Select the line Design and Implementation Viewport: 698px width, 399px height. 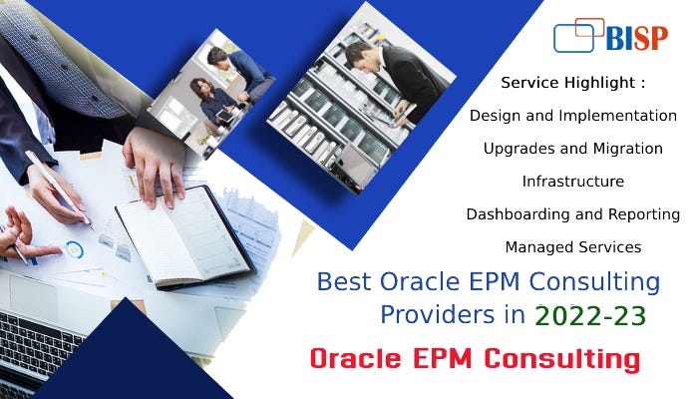573,115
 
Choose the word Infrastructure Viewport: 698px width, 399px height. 573,181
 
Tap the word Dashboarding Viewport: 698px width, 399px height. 517,213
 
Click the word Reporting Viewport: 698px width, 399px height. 644,213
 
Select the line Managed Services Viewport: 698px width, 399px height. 573,246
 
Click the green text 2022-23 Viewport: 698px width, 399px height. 589,316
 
